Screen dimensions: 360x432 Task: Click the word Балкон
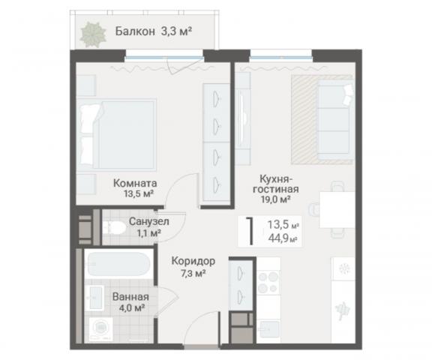pos(136,31)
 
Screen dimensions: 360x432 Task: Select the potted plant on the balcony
pos(94,32)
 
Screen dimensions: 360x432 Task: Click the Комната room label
pos(135,181)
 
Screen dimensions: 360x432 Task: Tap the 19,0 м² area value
pos(275,200)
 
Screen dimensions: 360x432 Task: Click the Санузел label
pos(148,222)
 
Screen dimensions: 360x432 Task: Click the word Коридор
pos(193,260)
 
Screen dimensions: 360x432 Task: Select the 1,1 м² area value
pos(148,233)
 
